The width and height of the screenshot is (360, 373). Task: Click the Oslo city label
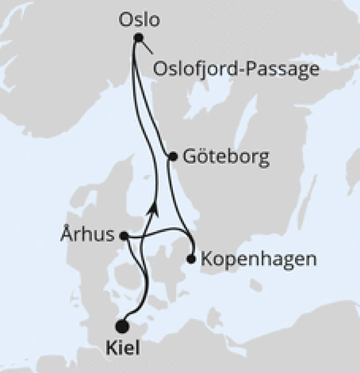[x=139, y=19]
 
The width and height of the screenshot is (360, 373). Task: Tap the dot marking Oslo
[x=138, y=38]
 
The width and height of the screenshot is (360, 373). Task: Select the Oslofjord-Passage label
[x=235, y=69]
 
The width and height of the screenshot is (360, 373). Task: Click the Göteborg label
[x=226, y=158]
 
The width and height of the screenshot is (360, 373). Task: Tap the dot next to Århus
[x=124, y=236]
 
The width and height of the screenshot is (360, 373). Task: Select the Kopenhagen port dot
[x=191, y=259]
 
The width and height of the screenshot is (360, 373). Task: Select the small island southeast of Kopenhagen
[x=255, y=285]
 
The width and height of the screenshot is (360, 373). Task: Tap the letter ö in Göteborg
[x=201, y=158]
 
